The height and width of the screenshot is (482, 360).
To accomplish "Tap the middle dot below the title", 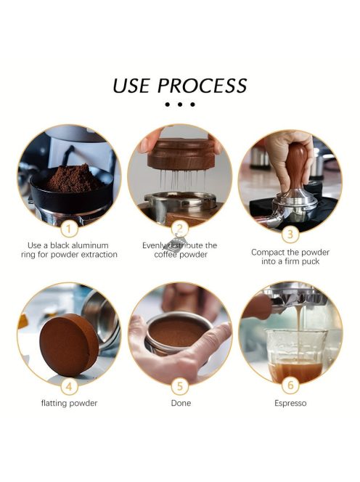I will [x=180, y=105].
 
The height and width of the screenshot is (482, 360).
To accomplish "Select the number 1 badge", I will [x=68, y=229].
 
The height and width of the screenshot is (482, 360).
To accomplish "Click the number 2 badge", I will [x=180, y=229].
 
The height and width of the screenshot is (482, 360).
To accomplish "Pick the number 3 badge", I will [x=290, y=233].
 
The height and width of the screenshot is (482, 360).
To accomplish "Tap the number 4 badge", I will [x=68, y=386].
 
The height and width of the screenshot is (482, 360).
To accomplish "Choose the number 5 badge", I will [x=180, y=386].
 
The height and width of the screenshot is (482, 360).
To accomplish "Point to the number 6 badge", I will [x=290, y=386].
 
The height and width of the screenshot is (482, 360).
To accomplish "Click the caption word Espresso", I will [x=290, y=403].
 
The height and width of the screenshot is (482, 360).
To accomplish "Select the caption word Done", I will [x=180, y=403].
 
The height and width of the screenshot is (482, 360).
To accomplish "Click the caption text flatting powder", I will [x=69, y=403].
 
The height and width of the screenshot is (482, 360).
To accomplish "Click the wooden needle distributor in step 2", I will [x=180, y=156].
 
